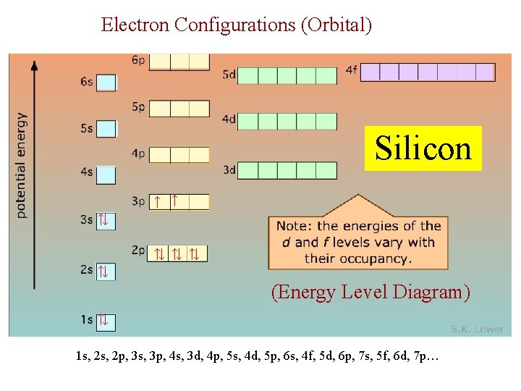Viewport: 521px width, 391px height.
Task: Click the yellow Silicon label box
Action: click(x=423, y=148)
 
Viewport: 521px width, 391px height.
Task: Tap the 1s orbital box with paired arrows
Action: click(x=106, y=320)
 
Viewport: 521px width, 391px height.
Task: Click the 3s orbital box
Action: click(x=106, y=219)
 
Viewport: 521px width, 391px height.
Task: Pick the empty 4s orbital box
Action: click(x=106, y=175)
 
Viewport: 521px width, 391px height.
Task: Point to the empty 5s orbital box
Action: click(x=106, y=129)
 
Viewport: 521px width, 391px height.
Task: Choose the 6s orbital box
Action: click(x=106, y=83)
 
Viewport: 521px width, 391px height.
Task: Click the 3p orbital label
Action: click(x=139, y=201)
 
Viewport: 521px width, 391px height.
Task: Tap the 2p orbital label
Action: click(x=139, y=251)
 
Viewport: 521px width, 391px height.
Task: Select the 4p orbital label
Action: click(x=139, y=154)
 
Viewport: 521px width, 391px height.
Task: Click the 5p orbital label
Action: click(x=139, y=107)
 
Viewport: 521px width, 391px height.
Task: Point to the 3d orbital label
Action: click(x=229, y=170)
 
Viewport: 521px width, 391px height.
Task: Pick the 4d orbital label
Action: click(x=229, y=119)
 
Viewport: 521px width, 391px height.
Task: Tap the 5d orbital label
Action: click(x=229, y=74)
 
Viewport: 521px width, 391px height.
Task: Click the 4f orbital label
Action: click(x=352, y=70)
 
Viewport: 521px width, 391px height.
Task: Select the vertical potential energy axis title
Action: click(x=21, y=165)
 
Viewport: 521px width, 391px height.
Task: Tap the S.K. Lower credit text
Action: click(x=478, y=329)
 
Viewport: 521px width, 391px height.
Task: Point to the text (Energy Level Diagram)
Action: click(x=370, y=293)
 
